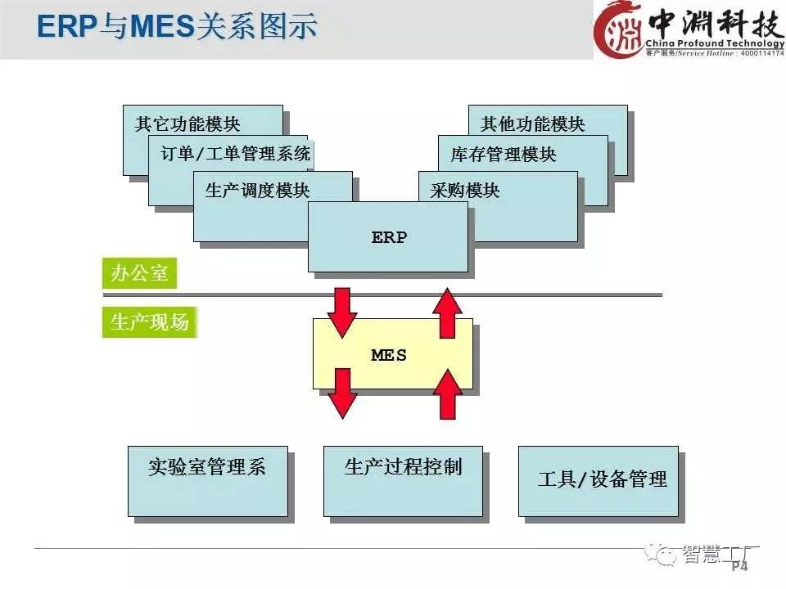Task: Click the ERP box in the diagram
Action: pyautogui.click(x=388, y=237)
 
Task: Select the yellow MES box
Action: pyautogui.click(x=391, y=354)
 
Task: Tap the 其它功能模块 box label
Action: pyautogui.click(x=187, y=124)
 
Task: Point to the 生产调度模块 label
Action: pyautogui.click(x=257, y=191)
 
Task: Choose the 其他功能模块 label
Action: pyautogui.click(x=532, y=124)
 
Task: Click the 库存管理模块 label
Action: pyautogui.click(x=503, y=154)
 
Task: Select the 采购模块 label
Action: pyautogui.click(x=464, y=191)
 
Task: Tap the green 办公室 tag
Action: pyautogui.click(x=139, y=273)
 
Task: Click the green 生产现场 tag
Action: pyautogui.click(x=149, y=321)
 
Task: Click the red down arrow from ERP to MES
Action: pyautogui.click(x=343, y=312)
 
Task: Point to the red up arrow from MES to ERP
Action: pyautogui.click(x=447, y=312)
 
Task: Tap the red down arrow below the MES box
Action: pyautogui.click(x=343, y=393)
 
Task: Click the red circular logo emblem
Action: pyautogui.click(x=619, y=30)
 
